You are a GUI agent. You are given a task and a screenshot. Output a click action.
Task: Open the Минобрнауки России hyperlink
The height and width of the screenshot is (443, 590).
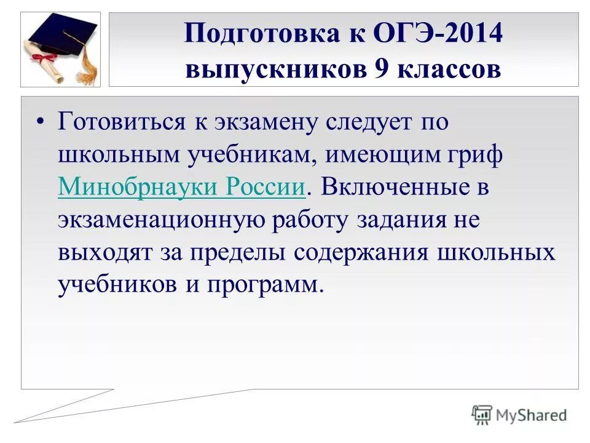182,187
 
